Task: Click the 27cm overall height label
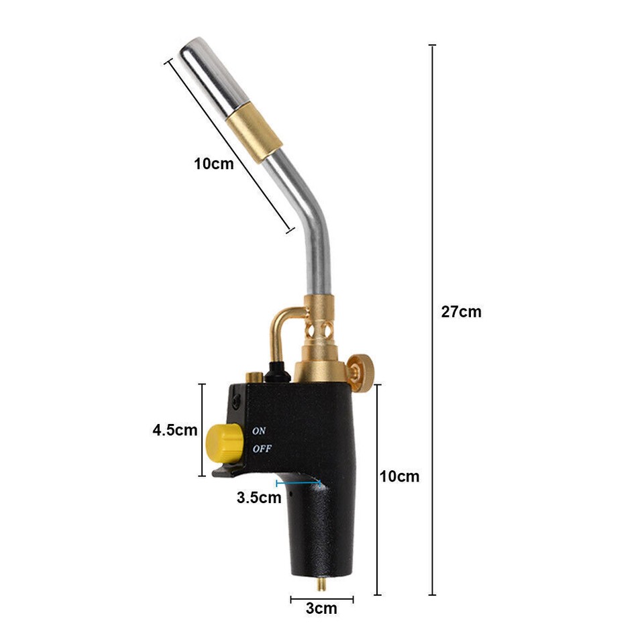tap(461, 311)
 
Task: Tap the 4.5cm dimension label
tap(175, 430)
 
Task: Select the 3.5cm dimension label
tap(258, 498)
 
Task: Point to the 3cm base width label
tap(321, 608)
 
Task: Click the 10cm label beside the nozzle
tap(214, 163)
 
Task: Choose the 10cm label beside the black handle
tap(399, 476)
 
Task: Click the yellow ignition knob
tap(223, 442)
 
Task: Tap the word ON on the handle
tap(259, 431)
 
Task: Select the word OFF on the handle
tap(262, 449)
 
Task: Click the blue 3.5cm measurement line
tap(299, 482)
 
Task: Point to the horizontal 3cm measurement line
tap(321, 598)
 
